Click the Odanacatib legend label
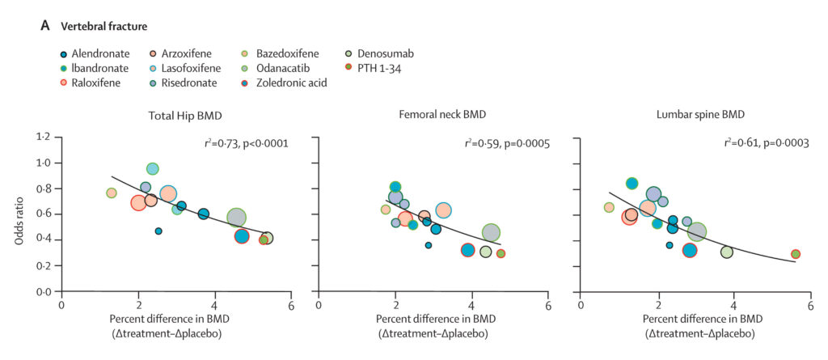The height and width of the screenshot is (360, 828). tap(285, 68)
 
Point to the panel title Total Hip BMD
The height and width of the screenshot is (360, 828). tap(175, 114)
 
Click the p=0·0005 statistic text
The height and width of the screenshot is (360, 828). tap(522, 144)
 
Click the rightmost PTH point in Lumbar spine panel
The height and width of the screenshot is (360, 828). tap(796, 254)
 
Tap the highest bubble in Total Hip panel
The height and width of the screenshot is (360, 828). tap(152, 169)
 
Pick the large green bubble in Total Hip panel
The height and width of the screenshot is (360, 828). tap(236, 217)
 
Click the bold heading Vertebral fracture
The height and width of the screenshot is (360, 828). tap(104, 26)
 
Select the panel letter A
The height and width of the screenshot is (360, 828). tap(45, 26)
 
